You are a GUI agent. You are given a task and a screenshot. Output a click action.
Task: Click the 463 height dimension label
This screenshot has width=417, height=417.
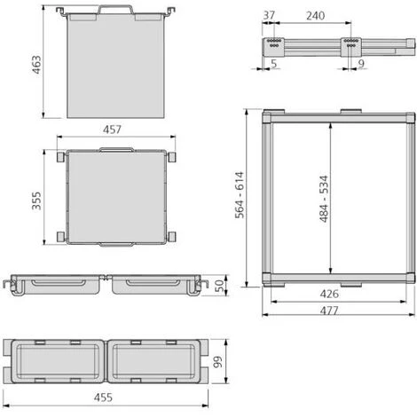tap(36, 65)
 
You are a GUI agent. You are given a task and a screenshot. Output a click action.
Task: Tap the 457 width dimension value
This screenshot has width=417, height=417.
tap(112, 130)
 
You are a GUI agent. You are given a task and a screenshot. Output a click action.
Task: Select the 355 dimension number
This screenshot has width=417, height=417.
tap(36, 201)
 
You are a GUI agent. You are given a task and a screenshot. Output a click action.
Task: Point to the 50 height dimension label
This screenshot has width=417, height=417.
tap(219, 286)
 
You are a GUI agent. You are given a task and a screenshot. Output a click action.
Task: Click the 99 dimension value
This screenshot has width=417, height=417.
tap(218, 362)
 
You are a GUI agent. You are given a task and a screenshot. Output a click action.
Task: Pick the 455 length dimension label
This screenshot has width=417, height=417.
tap(103, 397)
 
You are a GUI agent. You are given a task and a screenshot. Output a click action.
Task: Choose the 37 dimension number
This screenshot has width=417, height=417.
tap(269, 15)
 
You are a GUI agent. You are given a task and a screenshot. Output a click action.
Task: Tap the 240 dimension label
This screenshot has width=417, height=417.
tap(315, 16)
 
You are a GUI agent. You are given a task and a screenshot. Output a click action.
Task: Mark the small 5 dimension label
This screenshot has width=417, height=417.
tap(274, 64)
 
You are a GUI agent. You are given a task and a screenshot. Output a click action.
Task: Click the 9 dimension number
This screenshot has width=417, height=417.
tap(361, 64)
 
